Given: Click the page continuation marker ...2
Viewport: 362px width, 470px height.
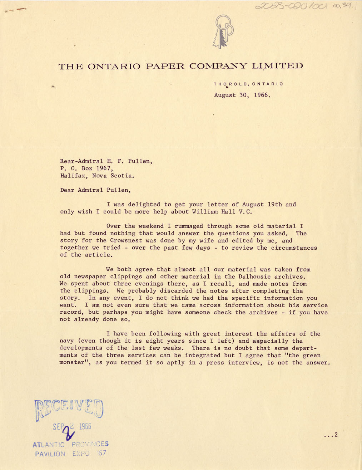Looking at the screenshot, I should [x=330, y=435].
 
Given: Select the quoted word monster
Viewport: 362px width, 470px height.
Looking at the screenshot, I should [x=74, y=362].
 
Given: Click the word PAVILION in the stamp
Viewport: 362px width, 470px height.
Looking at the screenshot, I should [x=50, y=454].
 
